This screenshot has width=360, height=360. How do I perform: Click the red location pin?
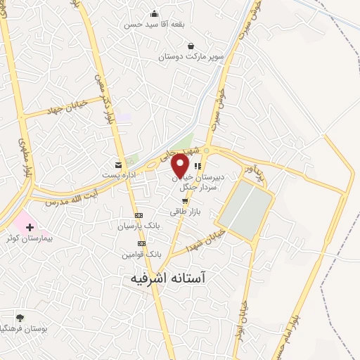[180, 166]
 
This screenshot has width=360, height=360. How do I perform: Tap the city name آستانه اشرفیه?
[179, 278]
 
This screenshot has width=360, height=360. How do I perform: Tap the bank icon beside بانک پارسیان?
[139, 215]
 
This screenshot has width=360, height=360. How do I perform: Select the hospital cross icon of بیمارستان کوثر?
[30, 226]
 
